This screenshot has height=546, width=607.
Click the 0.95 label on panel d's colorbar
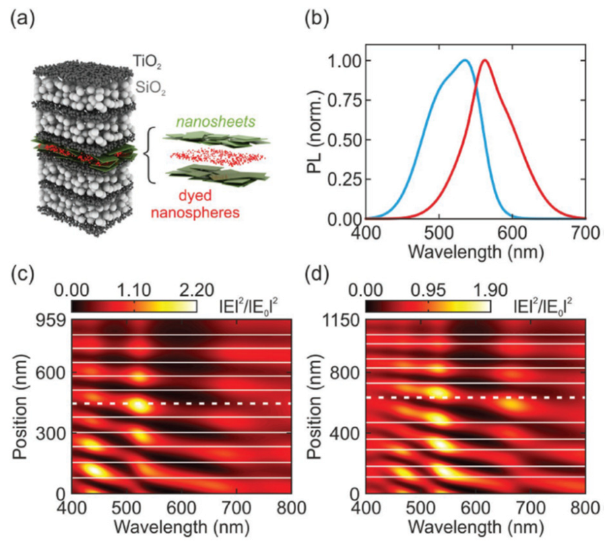428,288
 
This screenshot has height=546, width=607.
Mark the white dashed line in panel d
475,397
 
